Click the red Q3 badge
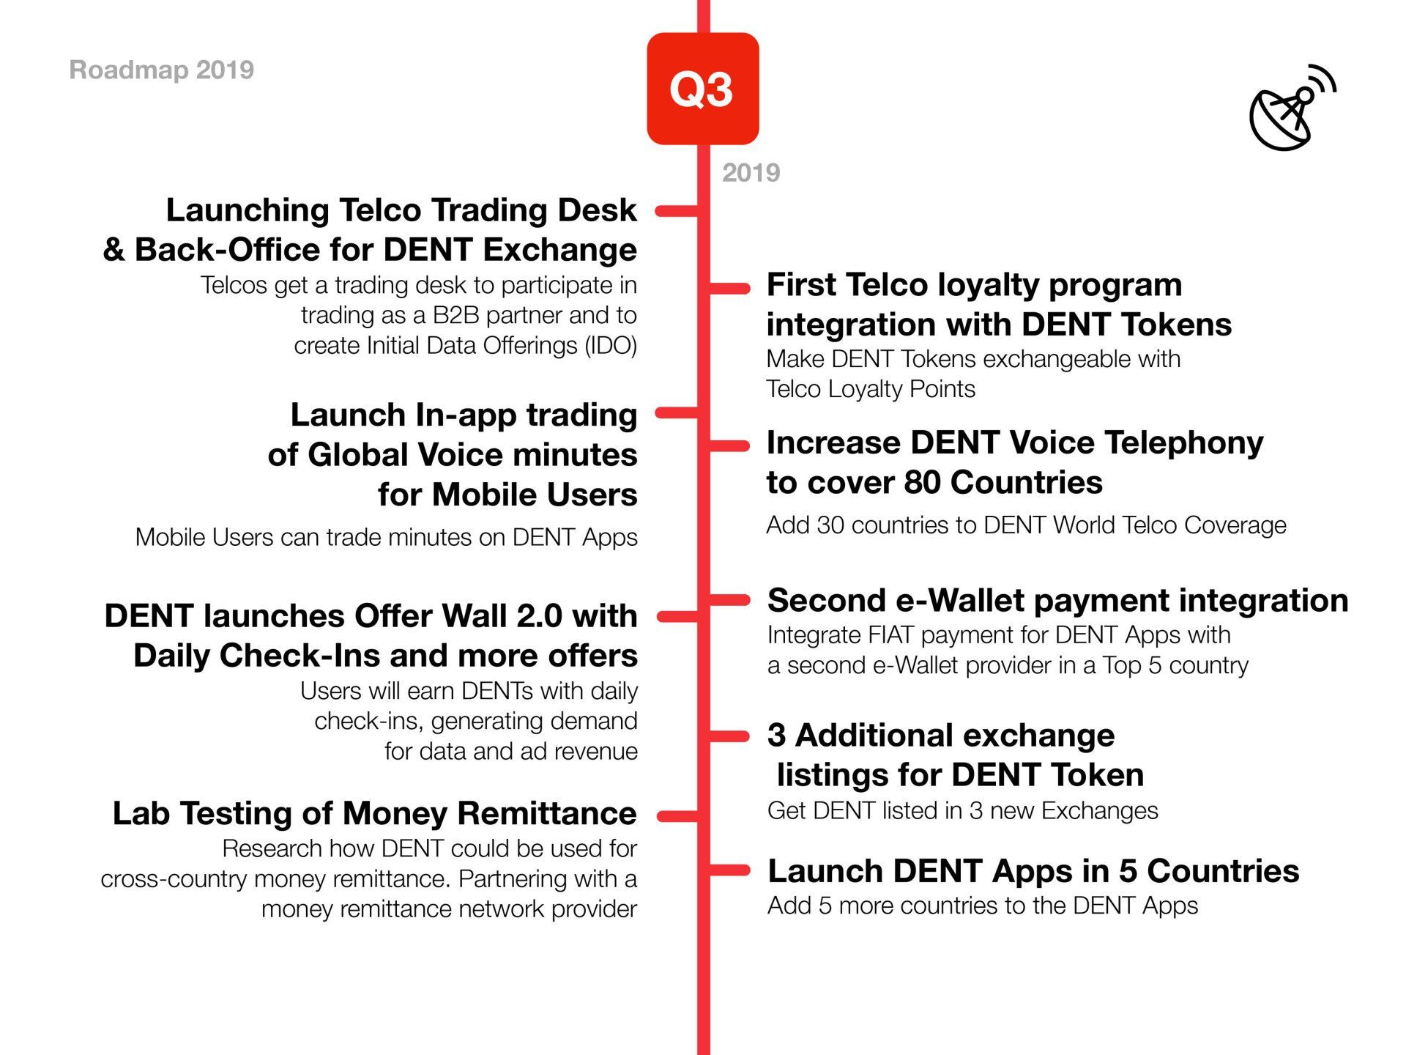point(702,89)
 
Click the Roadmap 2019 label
point(161,70)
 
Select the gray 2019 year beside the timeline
point(751,173)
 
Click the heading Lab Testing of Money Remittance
point(374,813)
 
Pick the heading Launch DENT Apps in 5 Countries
point(1033,871)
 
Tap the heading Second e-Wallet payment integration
point(1057,601)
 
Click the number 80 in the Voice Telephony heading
point(922,483)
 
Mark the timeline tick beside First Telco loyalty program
point(730,288)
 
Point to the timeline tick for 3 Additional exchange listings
point(730,736)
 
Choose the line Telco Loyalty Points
point(871,389)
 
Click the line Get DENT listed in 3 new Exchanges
point(963,811)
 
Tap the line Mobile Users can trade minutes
point(387,538)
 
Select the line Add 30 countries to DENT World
point(1026,525)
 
